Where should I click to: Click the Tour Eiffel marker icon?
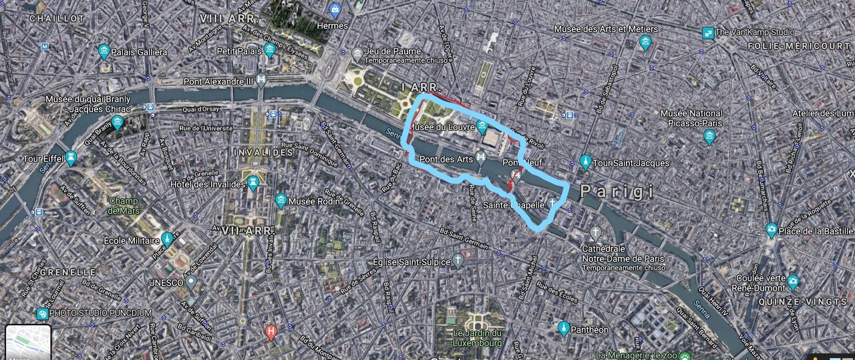coord(71,158)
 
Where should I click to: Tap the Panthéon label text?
coord(590,329)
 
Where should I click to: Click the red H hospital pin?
coord(271,331)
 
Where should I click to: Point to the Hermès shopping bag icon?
coord(335,10)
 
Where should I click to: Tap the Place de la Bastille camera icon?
coord(772,230)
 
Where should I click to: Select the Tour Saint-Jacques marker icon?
coord(585,162)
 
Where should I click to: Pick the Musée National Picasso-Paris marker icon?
coord(709,136)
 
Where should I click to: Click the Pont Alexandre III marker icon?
coord(261,81)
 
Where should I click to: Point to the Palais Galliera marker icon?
coord(104,51)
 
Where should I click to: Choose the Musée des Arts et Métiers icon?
coord(645,43)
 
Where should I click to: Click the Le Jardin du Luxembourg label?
coord(477,338)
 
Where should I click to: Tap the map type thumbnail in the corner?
coord(28,342)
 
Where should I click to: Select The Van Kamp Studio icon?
coord(707,32)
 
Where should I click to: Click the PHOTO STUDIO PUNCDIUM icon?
coord(42,314)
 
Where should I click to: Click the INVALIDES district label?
coord(264,152)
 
